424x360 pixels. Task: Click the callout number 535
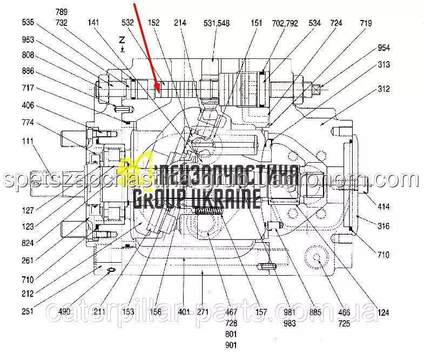(x=28, y=23)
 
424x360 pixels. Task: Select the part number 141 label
(x=95, y=23)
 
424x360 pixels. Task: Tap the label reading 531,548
(x=217, y=23)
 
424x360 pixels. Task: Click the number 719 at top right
(x=366, y=23)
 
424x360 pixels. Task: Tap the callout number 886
(x=28, y=71)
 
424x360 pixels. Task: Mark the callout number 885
(x=315, y=311)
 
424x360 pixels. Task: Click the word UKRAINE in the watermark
(x=226, y=201)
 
